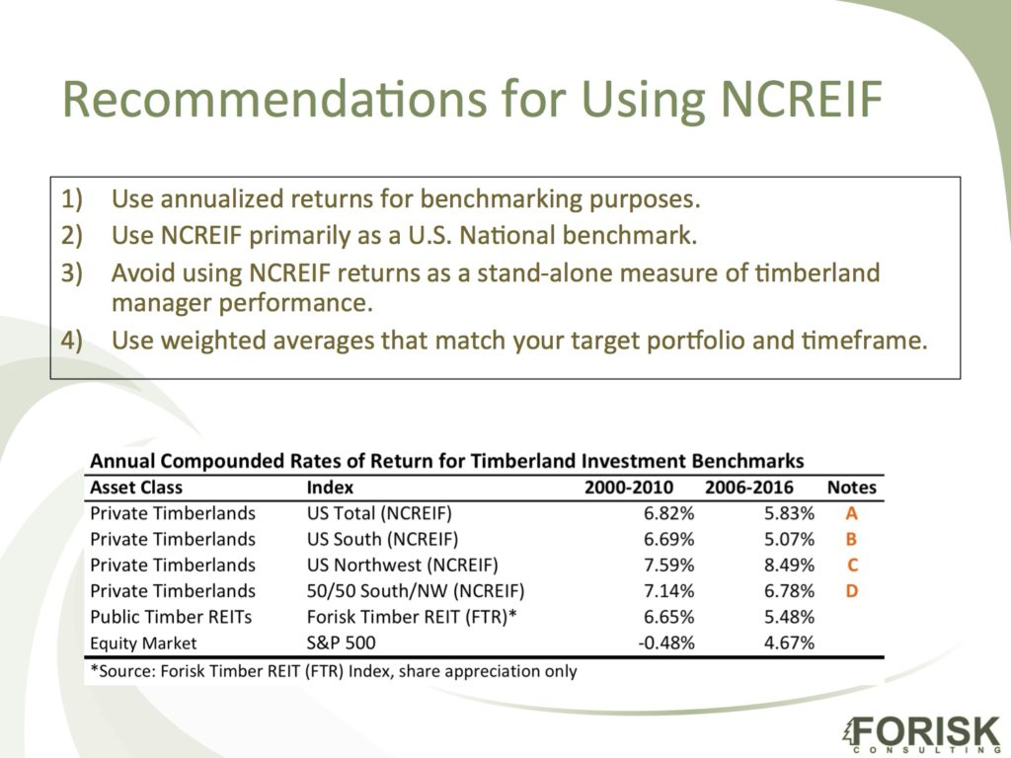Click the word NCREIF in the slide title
click(800, 99)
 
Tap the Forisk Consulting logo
click(921, 733)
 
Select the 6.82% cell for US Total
click(668, 513)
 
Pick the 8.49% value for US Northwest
click(789, 566)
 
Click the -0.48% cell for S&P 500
click(665, 643)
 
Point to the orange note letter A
click(852, 513)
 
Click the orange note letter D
click(852, 591)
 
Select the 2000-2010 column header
click(629, 488)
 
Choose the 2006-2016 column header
click(749, 488)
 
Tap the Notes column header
click(852, 488)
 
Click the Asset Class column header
click(136, 488)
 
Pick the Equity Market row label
click(143, 644)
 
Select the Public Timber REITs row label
click(171, 617)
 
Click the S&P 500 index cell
click(341, 643)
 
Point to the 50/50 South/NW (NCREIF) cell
click(416, 591)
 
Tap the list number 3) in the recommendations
click(71, 273)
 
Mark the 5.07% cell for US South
click(789, 539)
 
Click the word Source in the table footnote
click(125, 671)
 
